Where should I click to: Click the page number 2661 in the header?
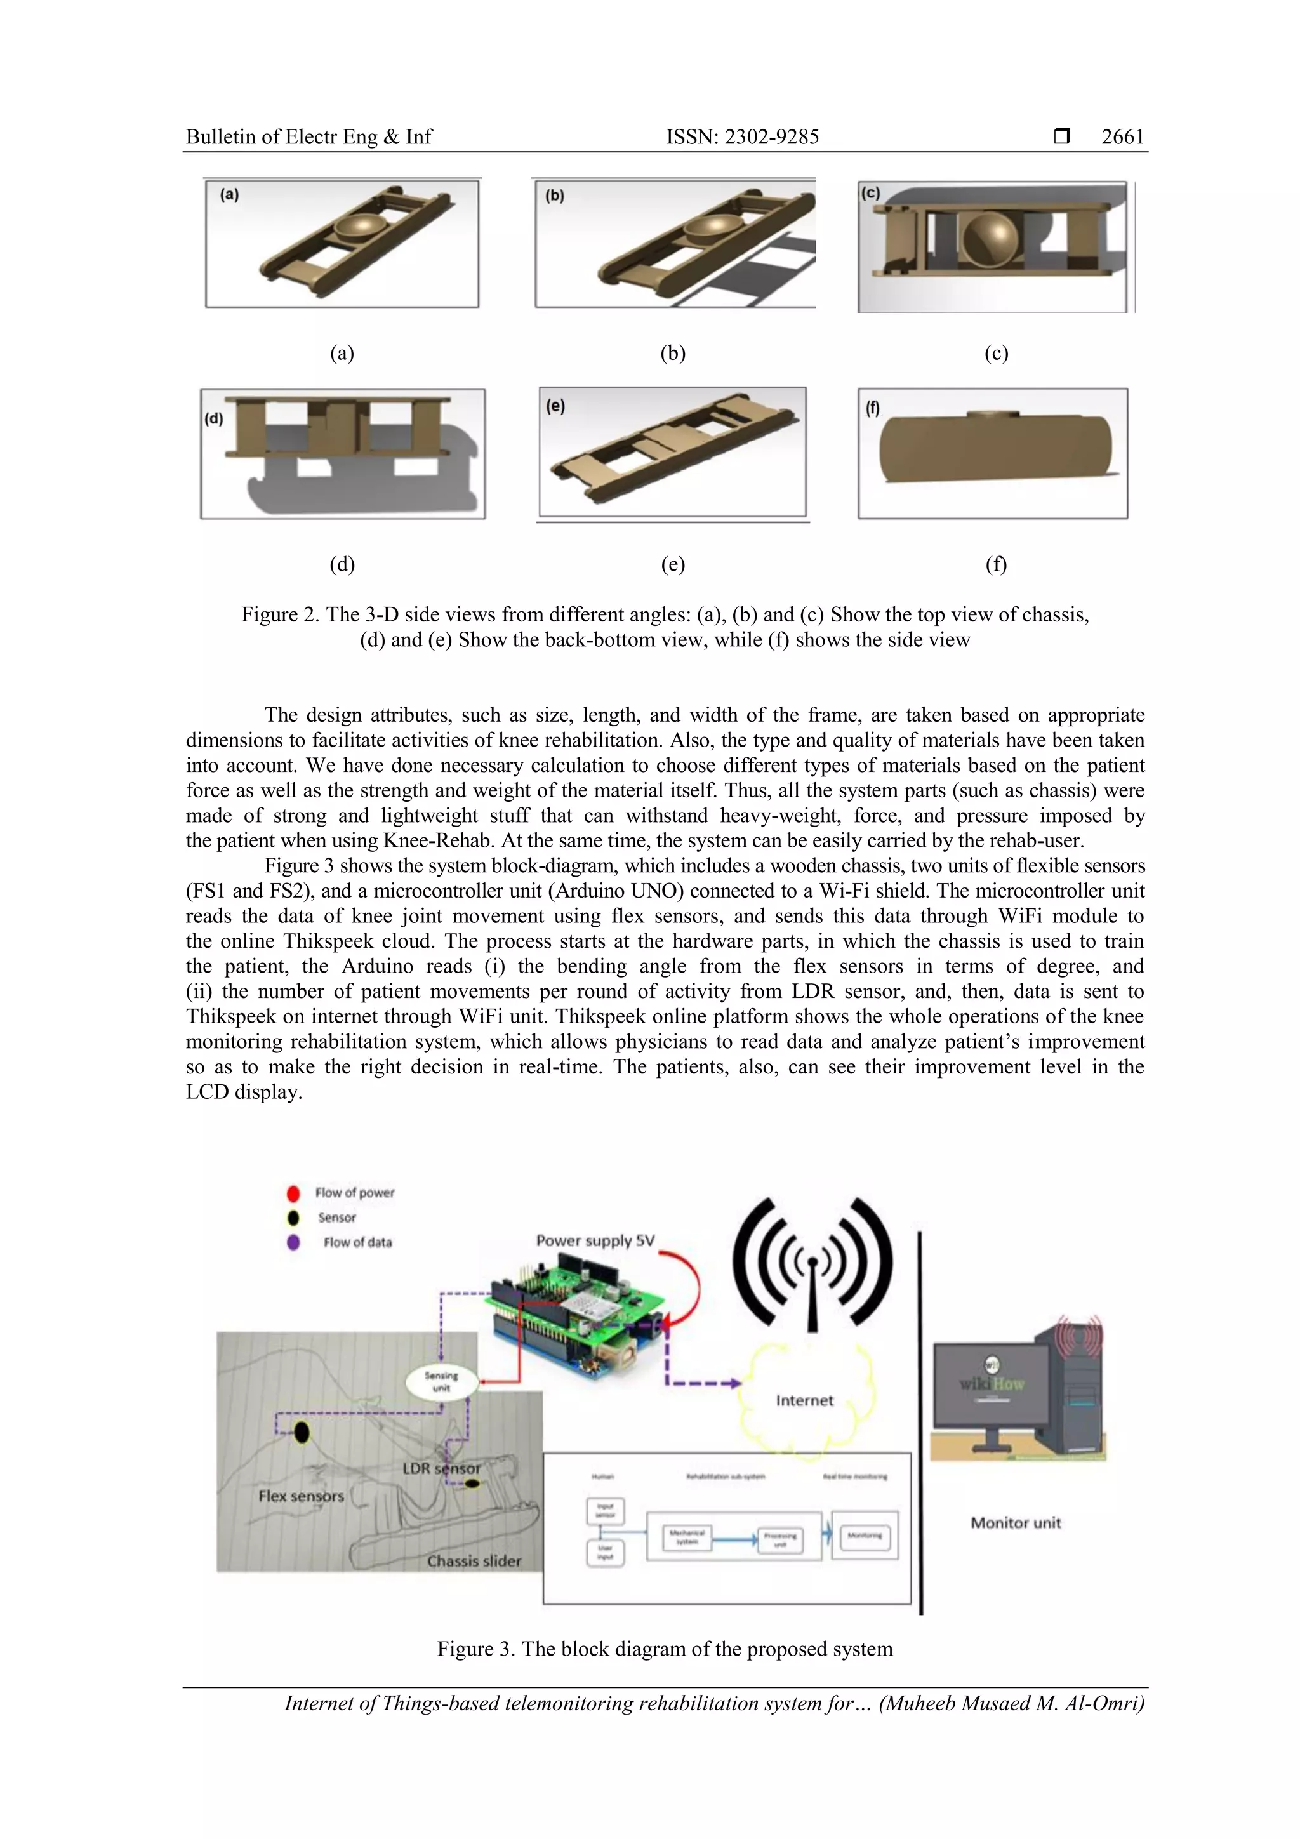[1122, 137]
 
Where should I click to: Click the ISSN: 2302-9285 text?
[743, 137]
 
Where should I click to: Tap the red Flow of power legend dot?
[293, 1193]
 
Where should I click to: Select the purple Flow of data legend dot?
[293, 1242]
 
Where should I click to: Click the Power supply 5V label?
[595, 1240]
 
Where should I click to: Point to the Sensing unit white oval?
[441, 1382]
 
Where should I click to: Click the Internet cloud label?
[804, 1400]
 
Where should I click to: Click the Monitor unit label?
[1015, 1523]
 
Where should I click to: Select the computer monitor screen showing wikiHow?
[992, 1386]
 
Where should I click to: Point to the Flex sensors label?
[301, 1496]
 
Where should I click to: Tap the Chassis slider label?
[474, 1560]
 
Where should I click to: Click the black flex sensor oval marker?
[302, 1432]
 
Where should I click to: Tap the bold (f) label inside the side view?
[872, 408]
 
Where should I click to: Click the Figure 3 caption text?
[665, 1649]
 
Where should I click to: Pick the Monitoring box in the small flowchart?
[865, 1536]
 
